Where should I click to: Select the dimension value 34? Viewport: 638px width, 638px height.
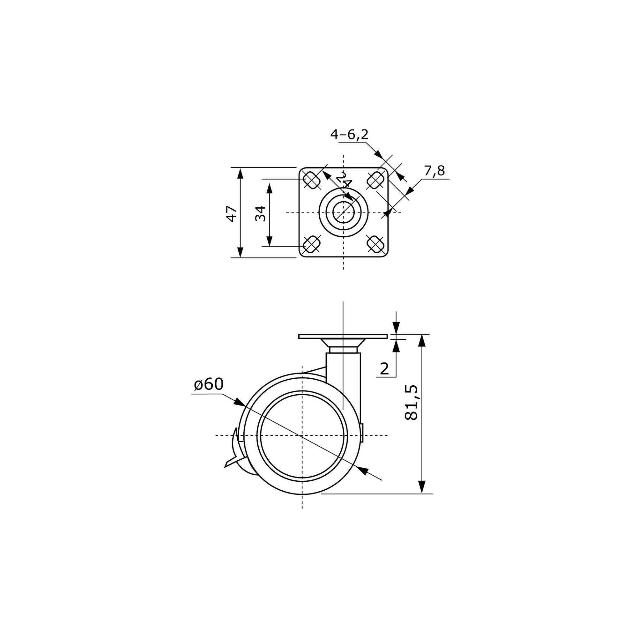click(261, 213)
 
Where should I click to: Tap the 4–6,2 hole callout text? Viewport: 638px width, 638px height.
click(349, 134)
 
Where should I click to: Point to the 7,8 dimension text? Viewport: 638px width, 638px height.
click(434, 171)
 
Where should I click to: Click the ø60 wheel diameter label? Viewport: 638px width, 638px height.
click(209, 384)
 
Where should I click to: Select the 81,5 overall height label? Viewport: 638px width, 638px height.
click(412, 402)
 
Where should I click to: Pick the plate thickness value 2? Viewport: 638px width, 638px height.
click(384, 369)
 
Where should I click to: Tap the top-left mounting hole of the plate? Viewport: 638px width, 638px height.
click(311, 180)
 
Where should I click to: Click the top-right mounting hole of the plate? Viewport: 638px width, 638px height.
click(375, 180)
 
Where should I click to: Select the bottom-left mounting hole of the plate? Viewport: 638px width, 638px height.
click(311, 244)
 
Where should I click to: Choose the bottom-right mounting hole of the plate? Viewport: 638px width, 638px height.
click(375, 244)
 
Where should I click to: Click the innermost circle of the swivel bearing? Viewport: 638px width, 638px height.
click(344, 212)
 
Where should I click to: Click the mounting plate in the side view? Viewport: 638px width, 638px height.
click(343, 337)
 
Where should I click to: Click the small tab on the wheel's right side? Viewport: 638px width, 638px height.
click(362, 433)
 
